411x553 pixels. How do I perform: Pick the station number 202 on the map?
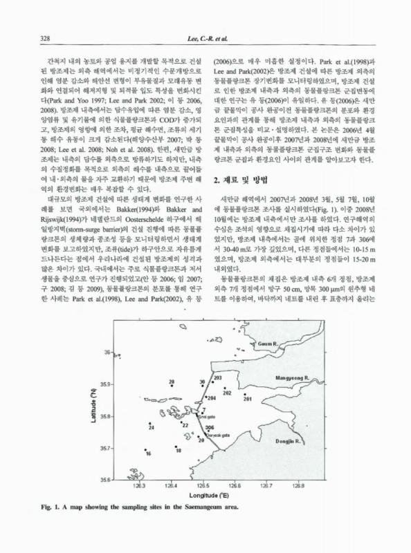click(x=227, y=392)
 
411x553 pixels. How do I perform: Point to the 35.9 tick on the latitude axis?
click(x=108, y=383)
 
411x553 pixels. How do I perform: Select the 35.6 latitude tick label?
click(x=108, y=479)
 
